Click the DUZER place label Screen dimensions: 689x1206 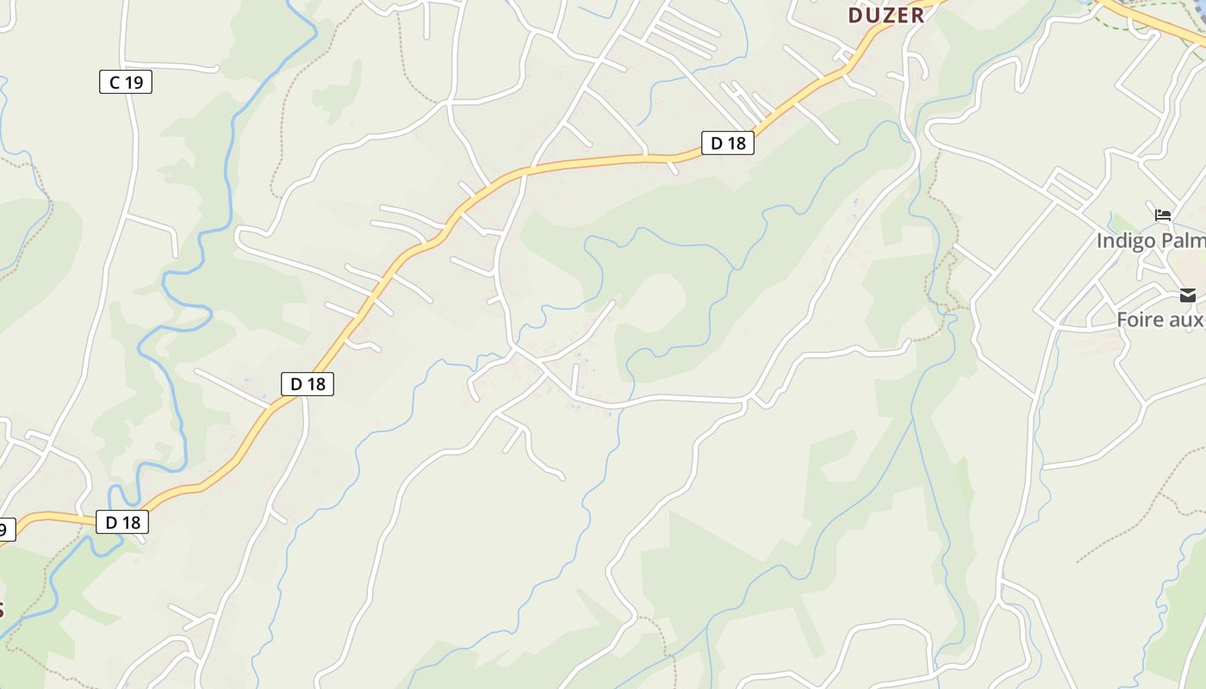886,15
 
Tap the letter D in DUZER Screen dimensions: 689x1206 856,15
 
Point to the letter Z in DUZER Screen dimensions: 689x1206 887,15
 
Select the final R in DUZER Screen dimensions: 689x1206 917,15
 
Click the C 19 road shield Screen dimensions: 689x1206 126,83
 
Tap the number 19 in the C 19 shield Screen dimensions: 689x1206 134,83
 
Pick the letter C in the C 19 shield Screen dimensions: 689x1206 114,83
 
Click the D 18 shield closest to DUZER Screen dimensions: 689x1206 728,143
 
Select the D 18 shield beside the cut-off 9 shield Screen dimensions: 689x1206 122,522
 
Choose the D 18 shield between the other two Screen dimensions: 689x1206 308,384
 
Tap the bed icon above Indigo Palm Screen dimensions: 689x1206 1163,214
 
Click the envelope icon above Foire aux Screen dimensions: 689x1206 1188,295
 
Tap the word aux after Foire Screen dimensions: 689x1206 1189,320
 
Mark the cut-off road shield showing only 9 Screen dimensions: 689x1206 6,530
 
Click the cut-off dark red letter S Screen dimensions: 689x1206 2,610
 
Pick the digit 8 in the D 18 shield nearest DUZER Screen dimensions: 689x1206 740,143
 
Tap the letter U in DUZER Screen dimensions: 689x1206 872,15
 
